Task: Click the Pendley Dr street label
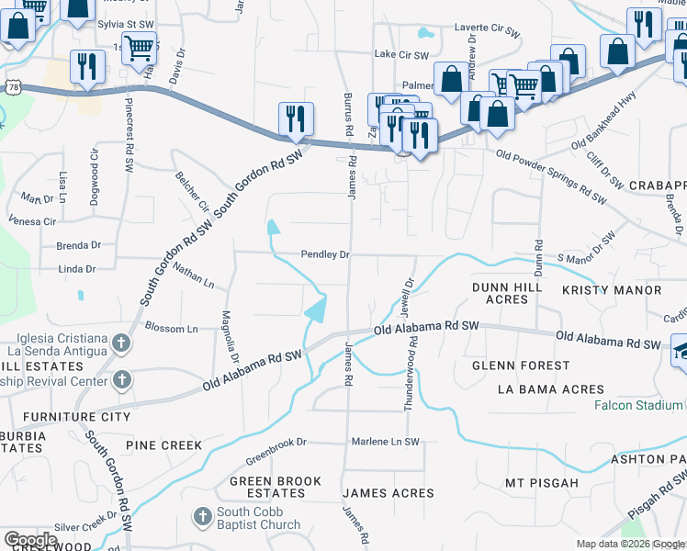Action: (x=326, y=254)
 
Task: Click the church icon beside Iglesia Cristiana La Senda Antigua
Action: (x=121, y=345)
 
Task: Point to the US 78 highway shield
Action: (x=12, y=85)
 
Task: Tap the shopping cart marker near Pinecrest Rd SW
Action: (x=139, y=47)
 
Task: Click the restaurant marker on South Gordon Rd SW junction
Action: (x=296, y=119)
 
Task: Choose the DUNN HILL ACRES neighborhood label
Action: (x=501, y=293)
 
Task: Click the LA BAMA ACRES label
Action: (x=542, y=389)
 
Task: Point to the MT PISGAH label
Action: (x=542, y=483)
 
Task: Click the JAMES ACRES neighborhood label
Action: (x=389, y=493)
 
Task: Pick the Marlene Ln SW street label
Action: (x=385, y=442)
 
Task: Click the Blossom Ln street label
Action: (x=171, y=328)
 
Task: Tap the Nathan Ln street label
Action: (x=193, y=276)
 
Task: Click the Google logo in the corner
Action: (x=30, y=540)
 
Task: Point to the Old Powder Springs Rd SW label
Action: (x=551, y=178)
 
